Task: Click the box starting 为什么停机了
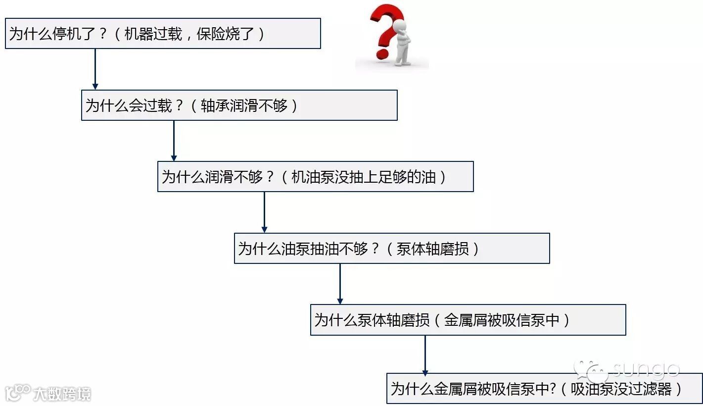click(x=163, y=34)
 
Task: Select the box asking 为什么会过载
click(x=239, y=105)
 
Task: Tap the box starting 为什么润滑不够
click(x=315, y=176)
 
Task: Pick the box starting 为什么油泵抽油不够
click(x=391, y=248)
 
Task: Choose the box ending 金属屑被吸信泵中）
click(x=468, y=320)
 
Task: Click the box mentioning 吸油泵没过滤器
click(x=544, y=389)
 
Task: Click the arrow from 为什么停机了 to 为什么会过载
click(x=95, y=69)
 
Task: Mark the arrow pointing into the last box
click(x=424, y=355)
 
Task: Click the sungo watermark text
click(x=645, y=369)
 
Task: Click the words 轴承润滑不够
click(x=244, y=105)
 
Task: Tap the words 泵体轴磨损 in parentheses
click(x=433, y=249)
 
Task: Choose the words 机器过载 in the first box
click(x=153, y=34)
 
